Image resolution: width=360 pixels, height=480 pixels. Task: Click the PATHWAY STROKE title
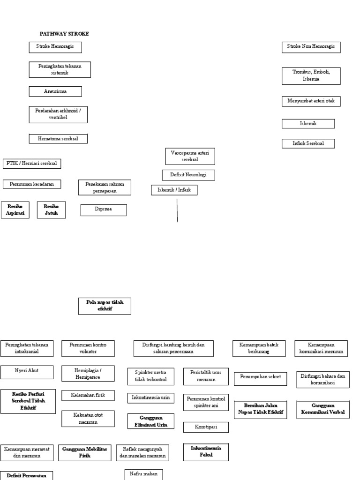click(x=64, y=34)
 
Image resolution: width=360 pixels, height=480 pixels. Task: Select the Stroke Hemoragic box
click(x=55, y=47)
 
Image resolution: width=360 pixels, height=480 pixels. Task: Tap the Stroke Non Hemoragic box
click(x=311, y=47)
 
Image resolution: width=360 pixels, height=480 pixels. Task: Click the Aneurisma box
click(x=55, y=91)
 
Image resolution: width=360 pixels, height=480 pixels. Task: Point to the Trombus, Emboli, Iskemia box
click(x=311, y=75)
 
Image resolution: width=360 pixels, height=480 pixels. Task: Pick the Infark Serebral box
click(x=308, y=143)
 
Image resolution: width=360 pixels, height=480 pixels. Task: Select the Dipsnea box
click(x=104, y=210)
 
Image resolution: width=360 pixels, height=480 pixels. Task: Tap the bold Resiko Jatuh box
click(x=51, y=210)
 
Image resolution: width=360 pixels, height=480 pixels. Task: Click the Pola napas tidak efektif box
click(x=105, y=306)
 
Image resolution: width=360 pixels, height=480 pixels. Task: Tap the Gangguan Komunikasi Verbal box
click(x=322, y=409)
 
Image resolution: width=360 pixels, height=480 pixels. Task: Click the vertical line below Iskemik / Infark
click(x=177, y=210)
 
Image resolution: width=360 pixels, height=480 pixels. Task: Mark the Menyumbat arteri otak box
click(x=311, y=101)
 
